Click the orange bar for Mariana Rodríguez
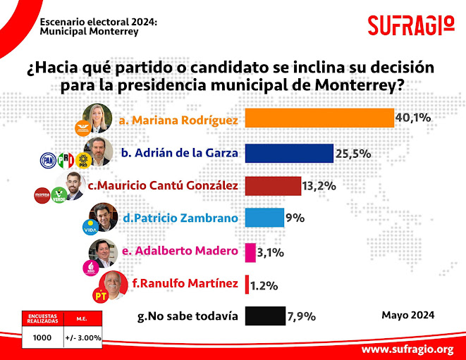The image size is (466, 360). [x=319, y=118]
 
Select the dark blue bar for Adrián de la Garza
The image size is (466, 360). [x=288, y=153]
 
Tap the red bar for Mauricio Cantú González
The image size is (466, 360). [x=272, y=185]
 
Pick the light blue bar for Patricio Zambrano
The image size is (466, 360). [x=264, y=218]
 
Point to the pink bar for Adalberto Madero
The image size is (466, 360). [x=250, y=252]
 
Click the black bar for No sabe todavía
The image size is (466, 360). [x=264, y=316]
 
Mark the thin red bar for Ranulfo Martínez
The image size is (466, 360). [x=246, y=285]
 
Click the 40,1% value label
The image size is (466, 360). [x=412, y=118]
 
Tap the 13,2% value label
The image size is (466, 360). [x=319, y=186]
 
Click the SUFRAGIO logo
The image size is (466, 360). [x=411, y=25]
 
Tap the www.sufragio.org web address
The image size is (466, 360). [x=407, y=349]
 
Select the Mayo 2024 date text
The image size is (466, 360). [x=407, y=314]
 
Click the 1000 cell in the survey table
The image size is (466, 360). [x=43, y=337]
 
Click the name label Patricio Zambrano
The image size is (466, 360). [x=180, y=218]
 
